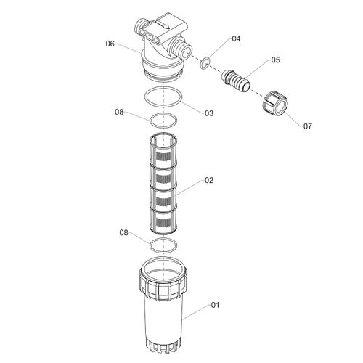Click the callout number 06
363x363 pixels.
click(x=110, y=44)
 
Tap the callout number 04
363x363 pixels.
click(x=236, y=38)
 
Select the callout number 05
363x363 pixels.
click(x=275, y=60)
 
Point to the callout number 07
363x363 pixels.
click(x=308, y=126)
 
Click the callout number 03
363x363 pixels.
click(x=209, y=113)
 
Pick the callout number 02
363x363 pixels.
click(x=209, y=180)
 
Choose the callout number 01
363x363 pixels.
click(x=215, y=305)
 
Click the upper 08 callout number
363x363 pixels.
click(x=119, y=112)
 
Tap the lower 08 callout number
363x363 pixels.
click(x=123, y=233)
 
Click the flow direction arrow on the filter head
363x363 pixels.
click(x=162, y=25)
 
